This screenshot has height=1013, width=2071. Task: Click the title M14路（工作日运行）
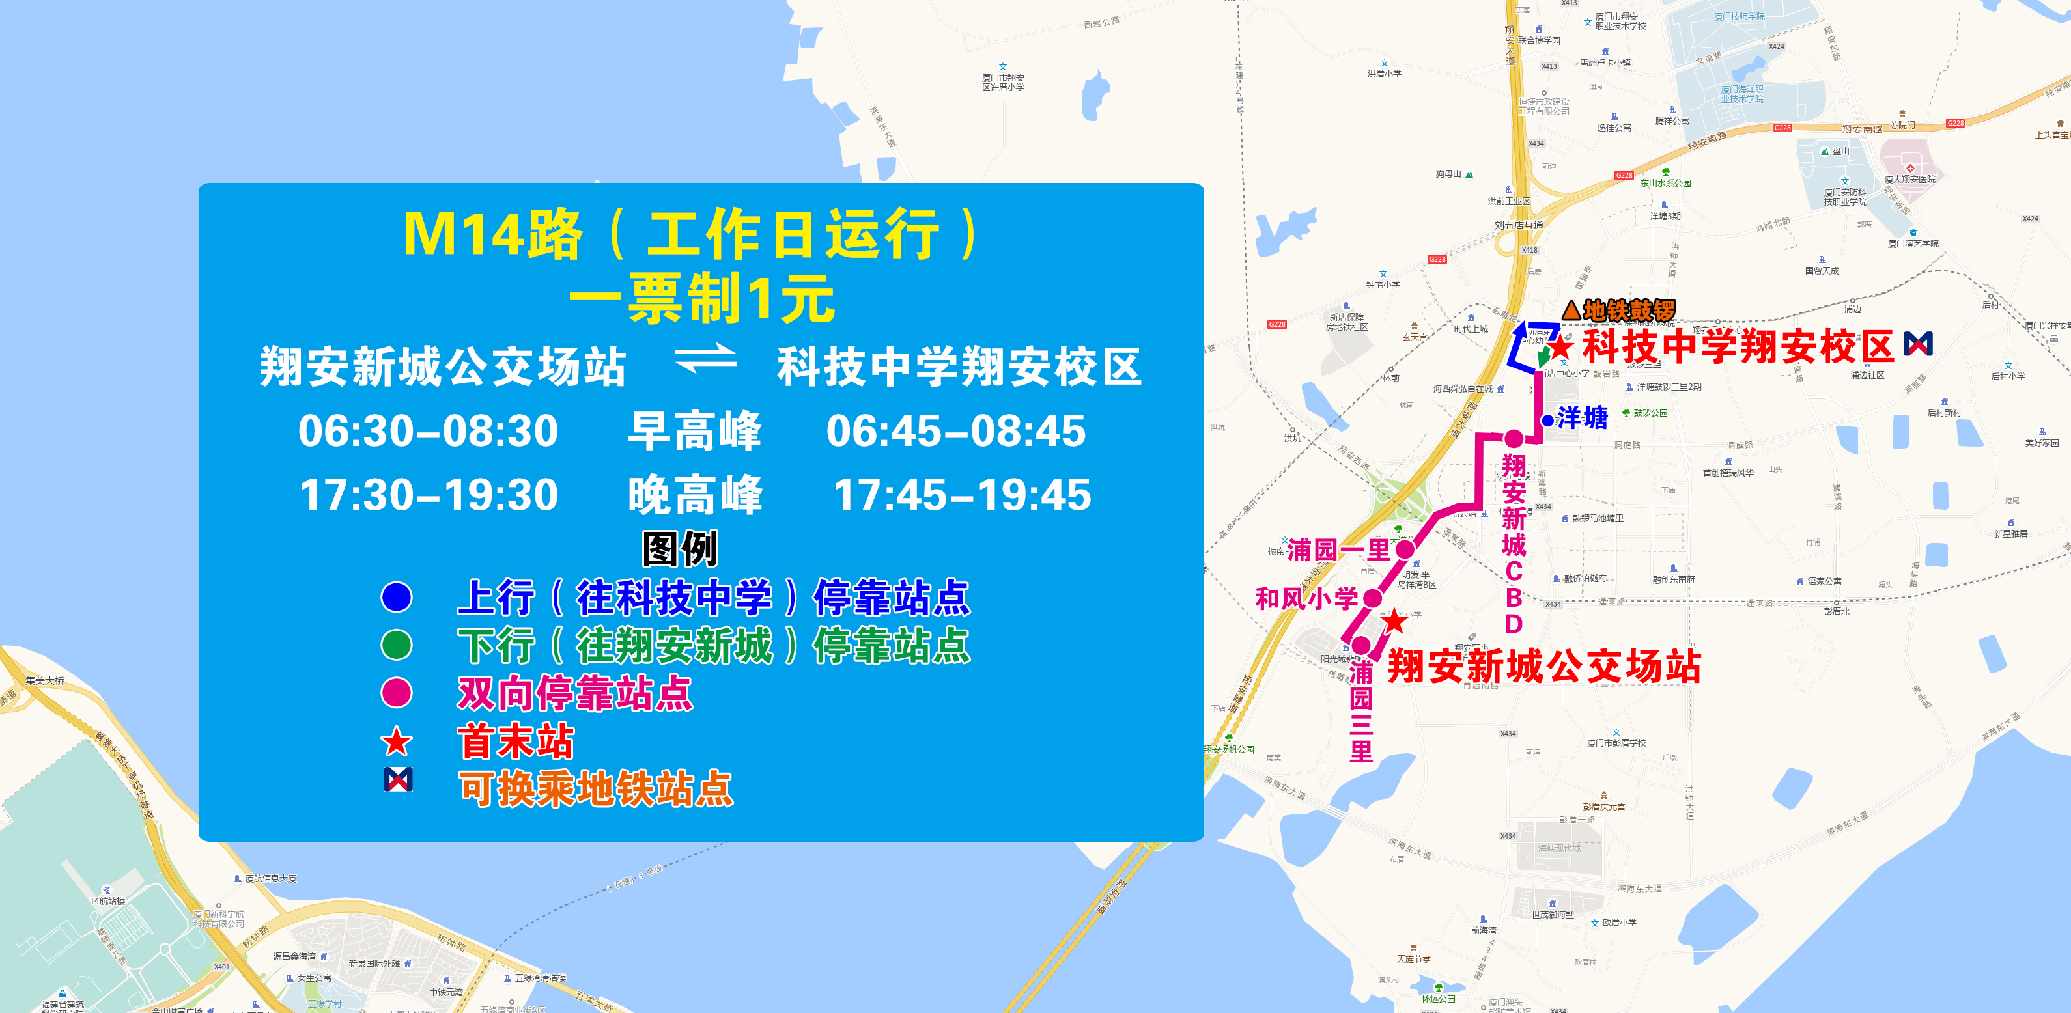tap(692, 235)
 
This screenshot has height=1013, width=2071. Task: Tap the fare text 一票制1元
tap(702, 299)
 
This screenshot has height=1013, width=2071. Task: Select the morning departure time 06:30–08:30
tap(428, 431)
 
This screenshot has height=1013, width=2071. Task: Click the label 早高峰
tap(695, 431)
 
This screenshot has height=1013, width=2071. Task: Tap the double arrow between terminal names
tap(706, 359)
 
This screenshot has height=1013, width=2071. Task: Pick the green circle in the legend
tap(397, 645)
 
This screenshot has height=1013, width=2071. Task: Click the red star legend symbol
tap(397, 742)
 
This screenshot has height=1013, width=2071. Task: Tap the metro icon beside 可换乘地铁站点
tap(398, 779)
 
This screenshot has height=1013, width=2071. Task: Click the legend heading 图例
tap(679, 549)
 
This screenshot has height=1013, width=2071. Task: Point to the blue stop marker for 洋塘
tap(1547, 420)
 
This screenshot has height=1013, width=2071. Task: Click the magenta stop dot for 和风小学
tap(1372, 598)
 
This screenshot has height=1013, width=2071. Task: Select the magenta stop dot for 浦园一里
tap(1405, 550)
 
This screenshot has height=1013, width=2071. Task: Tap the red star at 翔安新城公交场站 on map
tap(1394, 622)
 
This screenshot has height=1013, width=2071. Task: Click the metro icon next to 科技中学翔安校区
tap(1918, 344)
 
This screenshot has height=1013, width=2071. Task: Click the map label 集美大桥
tap(45, 680)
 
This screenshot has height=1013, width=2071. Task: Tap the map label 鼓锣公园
tap(1650, 413)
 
